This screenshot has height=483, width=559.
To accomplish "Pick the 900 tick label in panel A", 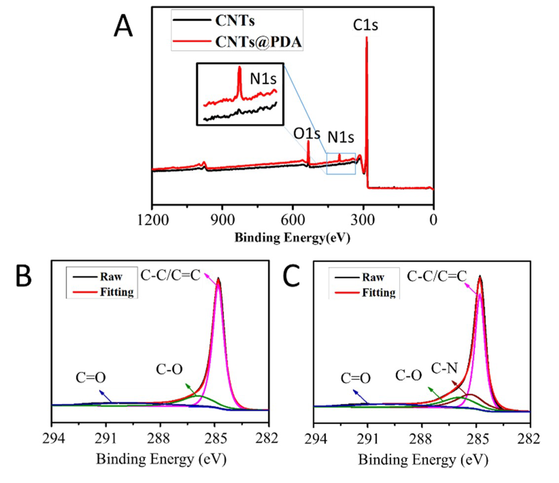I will (x=222, y=220).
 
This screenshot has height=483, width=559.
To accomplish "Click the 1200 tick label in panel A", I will (x=153, y=220).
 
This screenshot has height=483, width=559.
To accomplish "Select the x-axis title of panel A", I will (x=292, y=238).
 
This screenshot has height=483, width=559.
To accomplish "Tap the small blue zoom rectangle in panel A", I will (x=341, y=164).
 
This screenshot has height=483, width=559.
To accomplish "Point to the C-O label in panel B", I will (x=169, y=369).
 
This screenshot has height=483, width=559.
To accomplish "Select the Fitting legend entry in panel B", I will (x=116, y=292).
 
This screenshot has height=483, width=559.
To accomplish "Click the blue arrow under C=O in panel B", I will (x=106, y=396).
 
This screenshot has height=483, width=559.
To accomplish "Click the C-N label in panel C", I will (x=444, y=368).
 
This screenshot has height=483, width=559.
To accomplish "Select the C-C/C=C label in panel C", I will (x=436, y=276).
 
